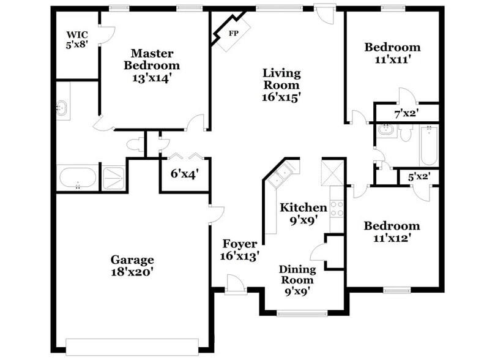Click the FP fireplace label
pyautogui.click(x=233, y=33)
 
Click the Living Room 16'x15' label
pyautogui.click(x=281, y=84)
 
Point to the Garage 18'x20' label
pyautogui.click(x=132, y=266)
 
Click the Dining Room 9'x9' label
pyautogui.click(x=297, y=280)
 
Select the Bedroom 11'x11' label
pyautogui.click(x=392, y=53)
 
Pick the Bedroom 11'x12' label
pyautogui.click(x=392, y=231)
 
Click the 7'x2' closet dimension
pyautogui.click(x=405, y=113)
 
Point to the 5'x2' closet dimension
pyautogui.click(x=419, y=177)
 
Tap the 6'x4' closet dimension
pyautogui.click(x=184, y=174)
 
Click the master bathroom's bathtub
pyautogui.click(x=77, y=178)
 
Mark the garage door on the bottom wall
pyautogui.click(x=132, y=346)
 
